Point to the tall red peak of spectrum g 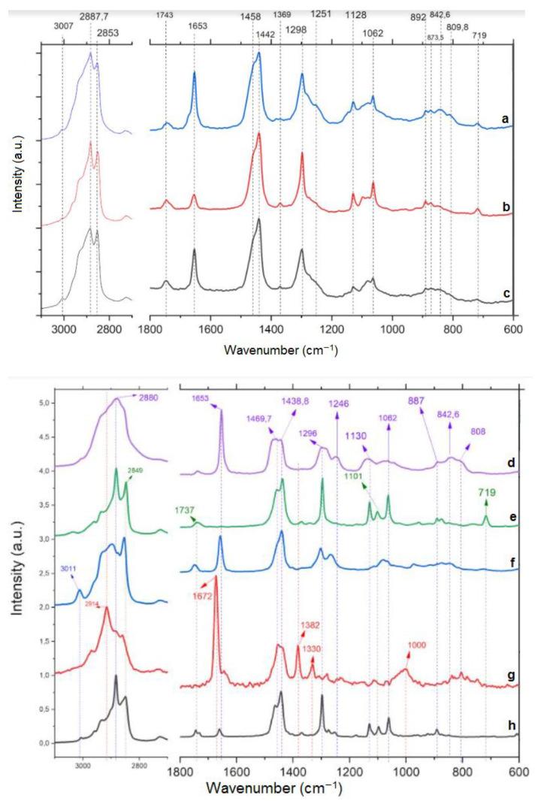pyautogui.click(x=216, y=579)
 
